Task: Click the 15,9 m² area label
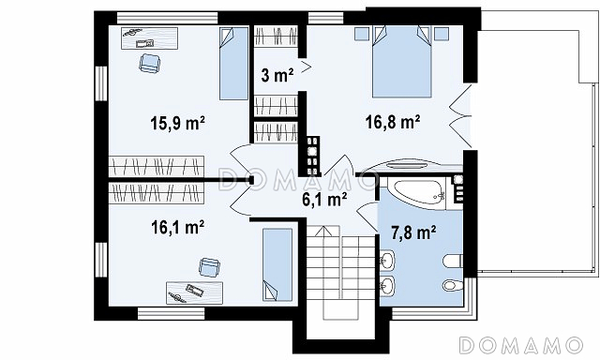(177, 123)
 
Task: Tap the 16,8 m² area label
(393, 122)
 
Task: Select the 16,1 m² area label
(177, 227)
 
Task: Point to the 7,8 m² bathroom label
(413, 232)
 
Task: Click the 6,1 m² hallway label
(324, 199)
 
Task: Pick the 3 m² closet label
(277, 75)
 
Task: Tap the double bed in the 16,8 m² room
(402, 61)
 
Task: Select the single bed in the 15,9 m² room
(233, 64)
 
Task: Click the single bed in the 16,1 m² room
(277, 264)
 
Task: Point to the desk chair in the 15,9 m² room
(149, 63)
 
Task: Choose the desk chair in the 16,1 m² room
(209, 267)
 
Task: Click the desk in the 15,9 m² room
(150, 38)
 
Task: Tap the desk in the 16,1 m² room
(194, 293)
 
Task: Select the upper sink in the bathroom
(387, 260)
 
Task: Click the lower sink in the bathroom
(387, 285)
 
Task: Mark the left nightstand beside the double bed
(361, 34)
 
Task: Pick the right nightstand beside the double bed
(442, 34)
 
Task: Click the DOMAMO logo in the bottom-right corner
(521, 345)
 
